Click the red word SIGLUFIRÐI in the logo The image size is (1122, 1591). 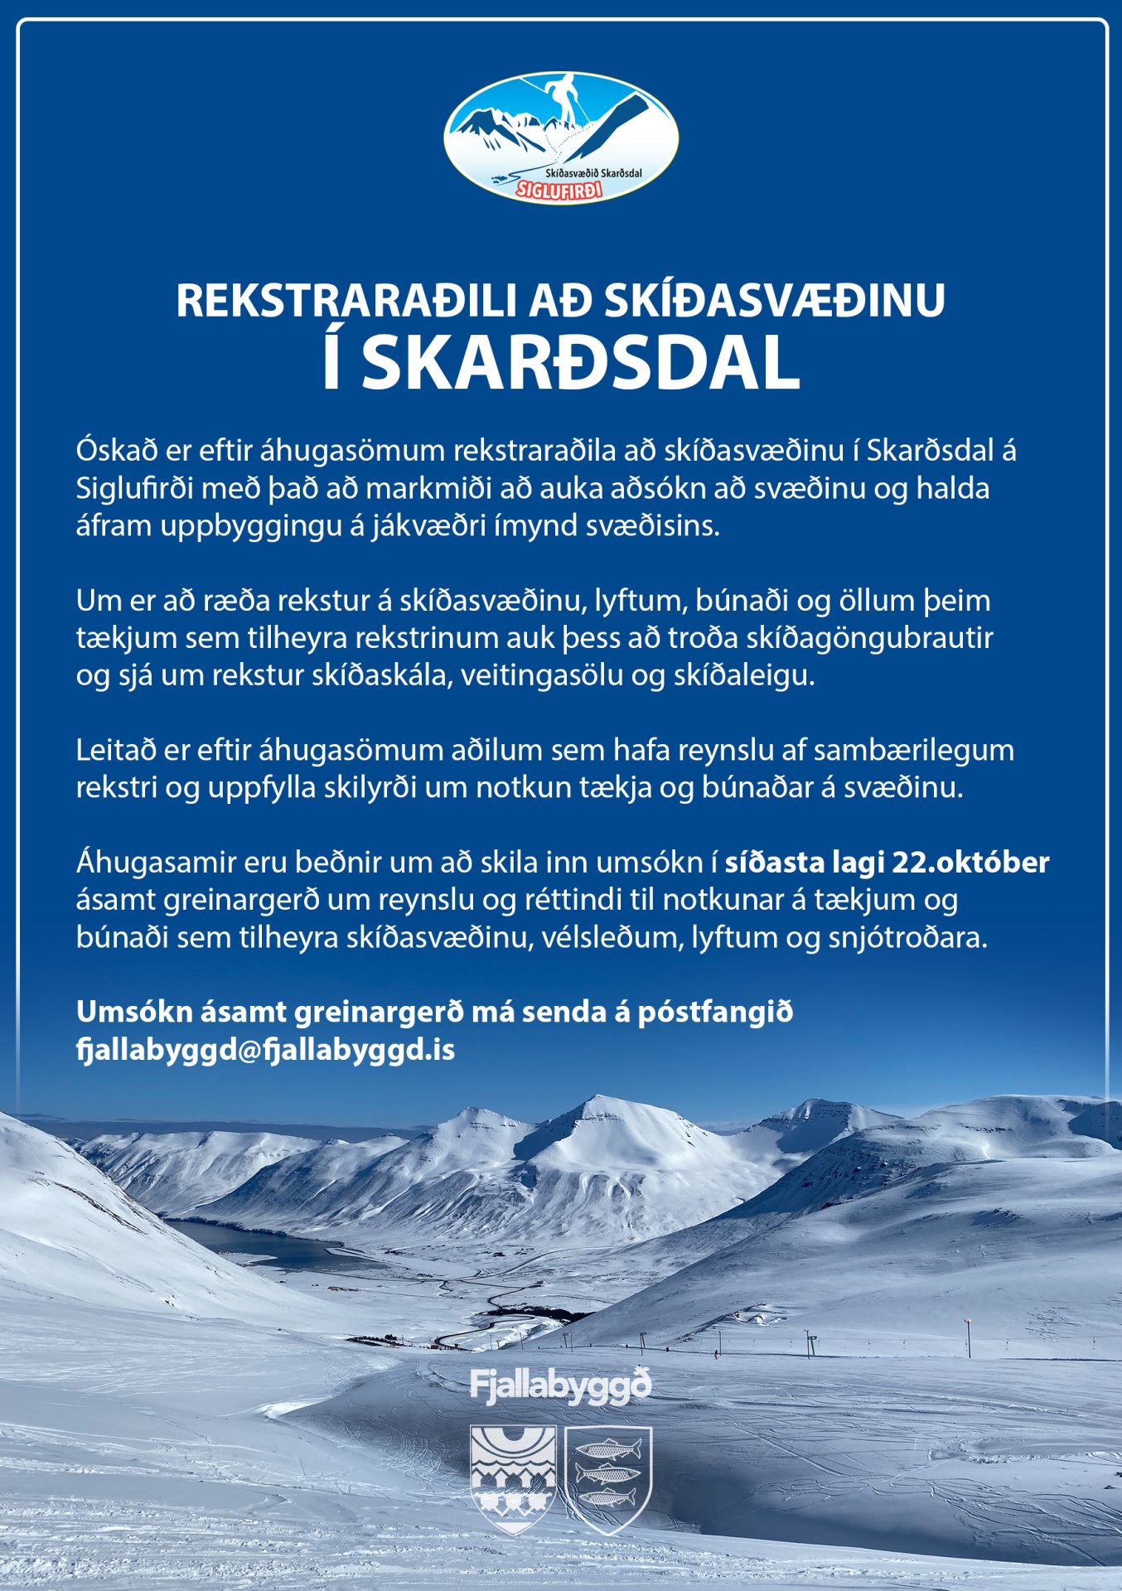pyautogui.click(x=559, y=190)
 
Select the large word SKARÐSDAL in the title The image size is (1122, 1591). pyautogui.click(x=580, y=363)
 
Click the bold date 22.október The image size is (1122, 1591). pyautogui.click(x=970, y=862)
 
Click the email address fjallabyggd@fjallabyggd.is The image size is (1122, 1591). pyautogui.click(x=265, y=1049)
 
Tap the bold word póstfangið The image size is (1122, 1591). pyautogui.click(x=715, y=1012)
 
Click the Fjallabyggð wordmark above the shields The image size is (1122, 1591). pyautogui.click(x=561, y=1386)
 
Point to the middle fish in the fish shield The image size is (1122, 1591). pyautogui.click(x=607, y=1475)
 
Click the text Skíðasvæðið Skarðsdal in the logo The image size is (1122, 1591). pyautogui.click(x=593, y=173)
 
